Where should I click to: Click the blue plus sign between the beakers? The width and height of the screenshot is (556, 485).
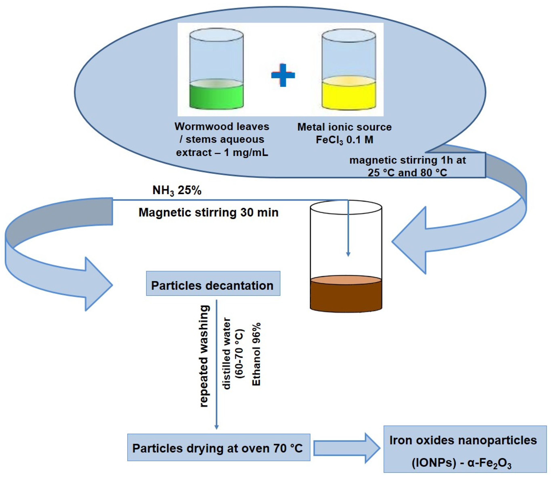coord(283,75)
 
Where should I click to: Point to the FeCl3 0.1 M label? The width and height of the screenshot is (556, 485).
coord(345,140)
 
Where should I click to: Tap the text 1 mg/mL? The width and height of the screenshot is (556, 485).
coord(246,152)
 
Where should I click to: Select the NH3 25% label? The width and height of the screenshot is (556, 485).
coord(177,190)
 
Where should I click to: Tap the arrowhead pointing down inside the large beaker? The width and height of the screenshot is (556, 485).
coord(348,254)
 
